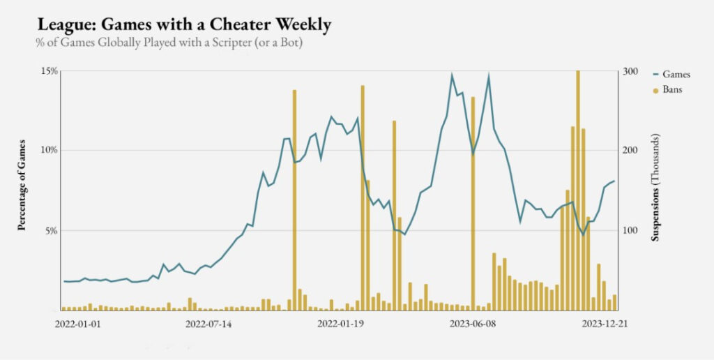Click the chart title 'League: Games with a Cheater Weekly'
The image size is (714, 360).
pyautogui.click(x=184, y=25)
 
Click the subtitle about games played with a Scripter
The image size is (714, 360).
pyautogui.click(x=169, y=43)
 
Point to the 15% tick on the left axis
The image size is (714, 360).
pyautogui.click(x=49, y=71)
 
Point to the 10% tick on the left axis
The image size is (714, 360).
pyautogui.click(x=49, y=151)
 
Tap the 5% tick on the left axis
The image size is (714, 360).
pyautogui.click(x=51, y=230)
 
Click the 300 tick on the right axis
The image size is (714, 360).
pyautogui.click(x=630, y=71)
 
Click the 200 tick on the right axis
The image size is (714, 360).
pyautogui.click(x=630, y=151)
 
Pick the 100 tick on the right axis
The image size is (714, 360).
pyautogui.click(x=630, y=230)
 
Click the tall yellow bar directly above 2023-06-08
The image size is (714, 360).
pyautogui.click(x=473, y=202)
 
